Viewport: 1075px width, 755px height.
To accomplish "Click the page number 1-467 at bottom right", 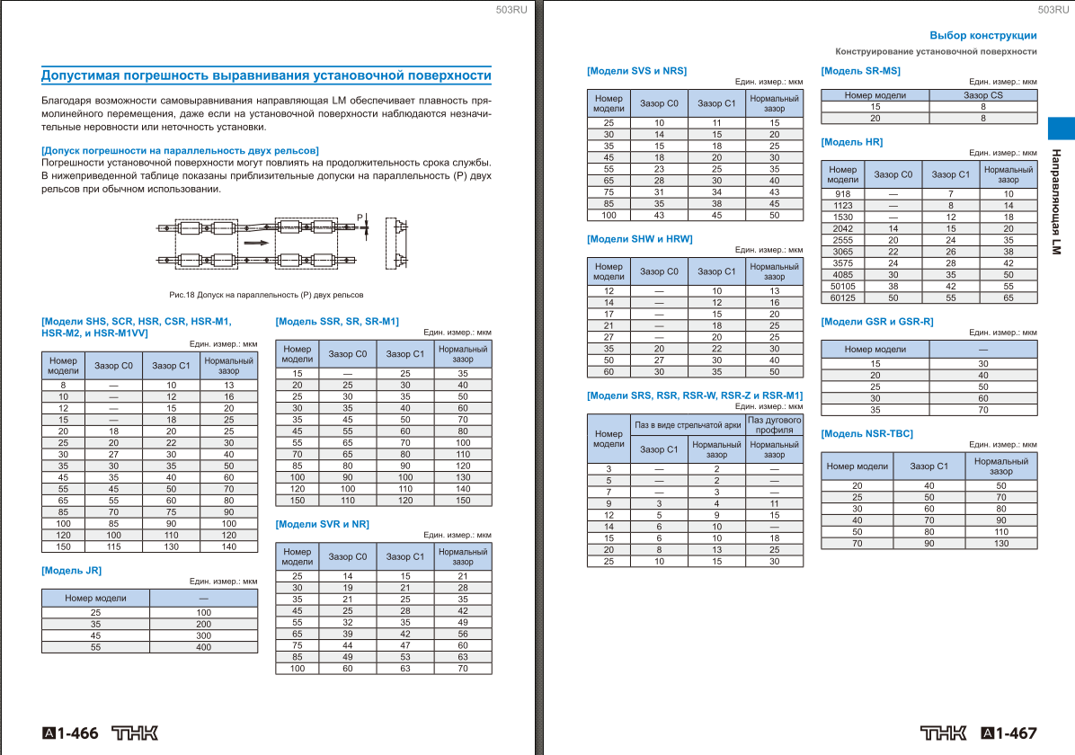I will (x=1017, y=733).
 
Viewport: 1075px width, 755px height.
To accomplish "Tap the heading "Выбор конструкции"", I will (x=982, y=36).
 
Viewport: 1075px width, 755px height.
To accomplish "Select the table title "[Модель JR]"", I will (x=72, y=570).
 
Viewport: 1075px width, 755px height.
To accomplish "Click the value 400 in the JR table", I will (x=203, y=647).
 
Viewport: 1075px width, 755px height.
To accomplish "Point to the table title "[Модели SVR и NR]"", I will (x=322, y=524).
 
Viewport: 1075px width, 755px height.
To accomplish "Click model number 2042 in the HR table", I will (x=843, y=229).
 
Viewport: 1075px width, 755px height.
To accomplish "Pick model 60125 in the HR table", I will (x=843, y=298).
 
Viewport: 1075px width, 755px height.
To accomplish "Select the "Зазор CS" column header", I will (x=982, y=94).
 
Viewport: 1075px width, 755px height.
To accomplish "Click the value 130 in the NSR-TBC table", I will (x=1000, y=543).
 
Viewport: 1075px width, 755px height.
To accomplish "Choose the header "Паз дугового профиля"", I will (x=774, y=424).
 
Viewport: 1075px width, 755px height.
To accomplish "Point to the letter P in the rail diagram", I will (x=359, y=218).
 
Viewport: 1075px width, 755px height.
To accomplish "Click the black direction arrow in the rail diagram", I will (x=257, y=242).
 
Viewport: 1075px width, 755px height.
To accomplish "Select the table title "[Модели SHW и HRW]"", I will (x=639, y=239).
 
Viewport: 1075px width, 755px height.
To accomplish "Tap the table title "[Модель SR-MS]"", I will (x=860, y=70).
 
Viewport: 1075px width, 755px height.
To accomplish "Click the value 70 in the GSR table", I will (x=982, y=410).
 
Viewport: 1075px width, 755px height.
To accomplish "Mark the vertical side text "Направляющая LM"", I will (x=1057, y=201).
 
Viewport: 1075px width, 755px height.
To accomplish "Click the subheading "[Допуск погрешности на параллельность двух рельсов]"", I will (x=180, y=150).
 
